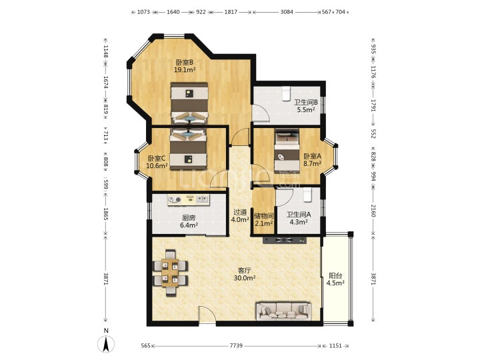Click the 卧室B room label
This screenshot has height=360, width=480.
point(184,62)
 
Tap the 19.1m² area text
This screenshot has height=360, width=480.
point(185,70)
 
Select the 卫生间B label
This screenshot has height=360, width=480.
point(306,102)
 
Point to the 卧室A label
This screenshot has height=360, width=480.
point(312,156)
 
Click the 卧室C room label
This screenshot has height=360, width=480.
point(157,158)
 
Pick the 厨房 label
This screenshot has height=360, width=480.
point(189,218)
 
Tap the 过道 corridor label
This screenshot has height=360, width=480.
point(240,212)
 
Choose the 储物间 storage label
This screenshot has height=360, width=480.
point(264,216)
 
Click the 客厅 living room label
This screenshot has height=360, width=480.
point(245,271)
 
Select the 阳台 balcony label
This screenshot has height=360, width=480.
point(335,275)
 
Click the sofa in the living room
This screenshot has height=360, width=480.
point(284,311)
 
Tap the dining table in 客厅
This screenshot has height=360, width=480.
point(170,273)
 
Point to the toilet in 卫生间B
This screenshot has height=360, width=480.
point(286,93)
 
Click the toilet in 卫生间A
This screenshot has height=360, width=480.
point(307,195)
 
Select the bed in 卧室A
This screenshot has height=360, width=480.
point(287,150)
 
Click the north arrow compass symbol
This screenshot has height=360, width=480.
point(106,344)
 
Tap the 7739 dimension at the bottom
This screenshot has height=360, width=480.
point(236,345)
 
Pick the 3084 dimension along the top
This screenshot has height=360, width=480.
point(287,12)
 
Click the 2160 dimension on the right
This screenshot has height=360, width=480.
point(373,211)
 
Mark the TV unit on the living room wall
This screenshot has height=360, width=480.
point(285,240)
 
